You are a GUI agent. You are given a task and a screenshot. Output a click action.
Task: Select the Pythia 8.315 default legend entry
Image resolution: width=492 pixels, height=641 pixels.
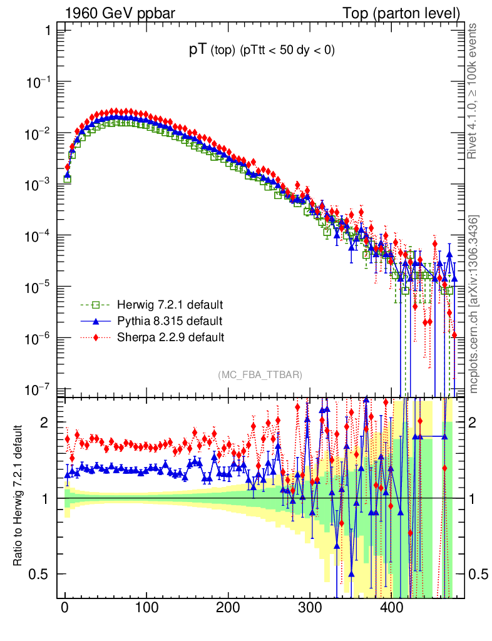click(170, 321)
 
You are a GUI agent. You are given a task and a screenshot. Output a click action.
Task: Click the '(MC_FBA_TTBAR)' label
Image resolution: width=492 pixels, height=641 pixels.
click(260, 374)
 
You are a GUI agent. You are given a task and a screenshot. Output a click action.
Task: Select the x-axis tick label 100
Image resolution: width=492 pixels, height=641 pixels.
click(146, 607)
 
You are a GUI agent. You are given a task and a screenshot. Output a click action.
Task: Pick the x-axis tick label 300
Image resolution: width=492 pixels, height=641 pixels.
click(309, 607)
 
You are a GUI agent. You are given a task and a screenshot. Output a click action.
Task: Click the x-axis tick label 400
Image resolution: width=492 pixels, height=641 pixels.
click(391, 607)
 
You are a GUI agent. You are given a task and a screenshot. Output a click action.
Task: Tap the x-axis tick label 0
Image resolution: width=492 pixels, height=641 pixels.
click(64, 607)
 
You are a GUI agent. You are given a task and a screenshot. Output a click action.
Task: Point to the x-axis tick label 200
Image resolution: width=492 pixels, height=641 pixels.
click(228, 607)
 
